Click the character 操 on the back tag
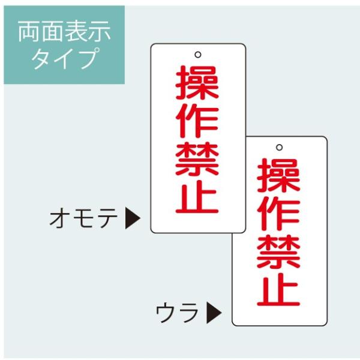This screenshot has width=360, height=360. pos(279,175)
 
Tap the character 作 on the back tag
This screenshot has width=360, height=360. pos(279,213)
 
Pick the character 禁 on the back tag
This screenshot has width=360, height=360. pos(279,251)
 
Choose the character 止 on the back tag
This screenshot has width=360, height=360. pos(279,289)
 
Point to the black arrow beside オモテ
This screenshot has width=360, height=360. pos(133,219)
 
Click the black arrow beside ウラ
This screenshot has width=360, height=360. pos(214,312)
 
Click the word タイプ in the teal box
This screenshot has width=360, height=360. pos(64,59)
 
